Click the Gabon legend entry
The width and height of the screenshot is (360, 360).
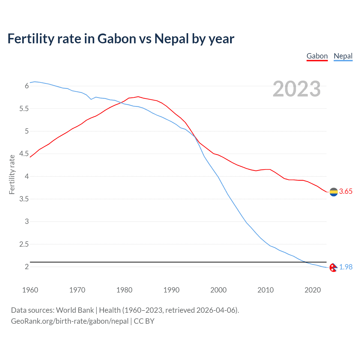pyautogui.click(x=317, y=56)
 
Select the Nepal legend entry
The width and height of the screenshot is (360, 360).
pyautogui.click(x=343, y=56)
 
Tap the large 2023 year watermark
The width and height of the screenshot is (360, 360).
pyautogui.click(x=296, y=89)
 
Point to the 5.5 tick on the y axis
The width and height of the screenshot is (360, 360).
pyautogui.click(x=24, y=109)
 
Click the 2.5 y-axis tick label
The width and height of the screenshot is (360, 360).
pyautogui.click(x=24, y=244)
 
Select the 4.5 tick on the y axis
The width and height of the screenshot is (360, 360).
pyautogui.click(x=24, y=154)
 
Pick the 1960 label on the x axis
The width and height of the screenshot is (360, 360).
pyautogui.click(x=30, y=290)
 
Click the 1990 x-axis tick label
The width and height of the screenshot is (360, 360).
pyautogui.click(x=171, y=290)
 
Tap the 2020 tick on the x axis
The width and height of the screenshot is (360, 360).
pyautogui.click(x=312, y=290)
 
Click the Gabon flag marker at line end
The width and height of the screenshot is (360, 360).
pyautogui.click(x=334, y=192)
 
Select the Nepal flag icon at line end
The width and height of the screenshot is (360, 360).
pyautogui.click(x=333, y=268)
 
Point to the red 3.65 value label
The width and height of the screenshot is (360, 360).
pyautogui.click(x=346, y=192)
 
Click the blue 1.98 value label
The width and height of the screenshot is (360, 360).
pyautogui.click(x=346, y=267)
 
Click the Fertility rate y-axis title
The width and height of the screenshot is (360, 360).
pyautogui.click(x=12, y=174)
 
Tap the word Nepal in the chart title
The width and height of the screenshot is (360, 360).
pyautogui.click(x=172, y=39)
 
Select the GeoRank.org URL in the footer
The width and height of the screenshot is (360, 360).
pyautogui.click(x=70, y=321)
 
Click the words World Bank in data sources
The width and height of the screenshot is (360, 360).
pyautogui.click(x=75, y=310)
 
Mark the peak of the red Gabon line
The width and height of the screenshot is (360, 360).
pyautogui.click(x=138, y=96)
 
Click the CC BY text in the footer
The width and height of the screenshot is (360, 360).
pyautogui.click(x=144, y=321)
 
